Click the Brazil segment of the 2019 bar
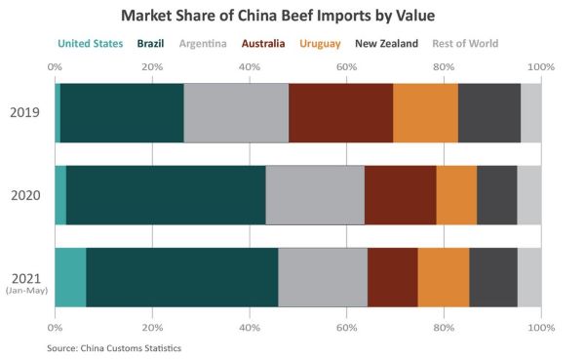[122, 113]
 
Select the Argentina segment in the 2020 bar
[315, 195]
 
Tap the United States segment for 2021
[70, 277]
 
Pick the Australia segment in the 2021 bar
[393, 277]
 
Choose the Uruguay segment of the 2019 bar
[426, 113]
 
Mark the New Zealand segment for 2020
[497, 195]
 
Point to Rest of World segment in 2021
[529, 277]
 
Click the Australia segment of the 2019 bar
[341, 113]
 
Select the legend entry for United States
[91, 44]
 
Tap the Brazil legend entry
[150, 44]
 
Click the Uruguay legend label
[320, 44]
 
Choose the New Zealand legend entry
[386, 44]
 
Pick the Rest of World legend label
[465, 44]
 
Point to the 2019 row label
[25, 113]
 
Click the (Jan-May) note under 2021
[27, 291]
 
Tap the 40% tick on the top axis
[250, 67]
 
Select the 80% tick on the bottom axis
[444, 328]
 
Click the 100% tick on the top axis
[541, 67]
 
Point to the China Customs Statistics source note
[131, 348]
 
